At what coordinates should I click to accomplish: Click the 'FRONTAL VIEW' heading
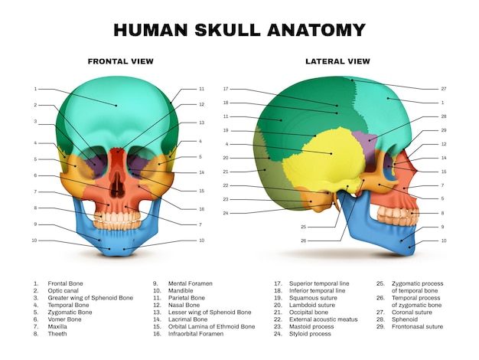click(121, 61)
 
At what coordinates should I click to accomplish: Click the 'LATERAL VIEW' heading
click(337, 61)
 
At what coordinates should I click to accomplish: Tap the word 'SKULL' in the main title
click(227, 30)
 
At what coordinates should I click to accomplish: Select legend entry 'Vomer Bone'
click(64, 319)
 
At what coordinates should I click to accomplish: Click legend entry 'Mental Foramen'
click(190, 283)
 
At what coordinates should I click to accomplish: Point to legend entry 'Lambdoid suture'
click(312, 305)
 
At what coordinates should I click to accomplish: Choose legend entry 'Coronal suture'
click(412, 313)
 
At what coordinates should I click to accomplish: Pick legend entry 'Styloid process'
click(310, 334)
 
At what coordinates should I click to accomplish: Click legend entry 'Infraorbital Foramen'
click(196, 334)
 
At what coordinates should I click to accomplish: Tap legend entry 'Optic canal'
click(63, 290)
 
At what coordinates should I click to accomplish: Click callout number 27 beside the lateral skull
click(444, 89)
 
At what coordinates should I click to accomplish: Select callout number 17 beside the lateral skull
click(226, 89)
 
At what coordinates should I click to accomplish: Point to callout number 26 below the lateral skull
click(303, 241)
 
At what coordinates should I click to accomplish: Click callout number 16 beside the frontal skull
click(201, 209)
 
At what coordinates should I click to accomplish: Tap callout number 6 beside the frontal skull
click(35, 175)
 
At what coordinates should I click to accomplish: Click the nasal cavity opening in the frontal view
click(118, 184)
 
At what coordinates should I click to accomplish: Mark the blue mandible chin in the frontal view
click(117, 249)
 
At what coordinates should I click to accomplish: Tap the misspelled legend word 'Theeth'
click(57, 334)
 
